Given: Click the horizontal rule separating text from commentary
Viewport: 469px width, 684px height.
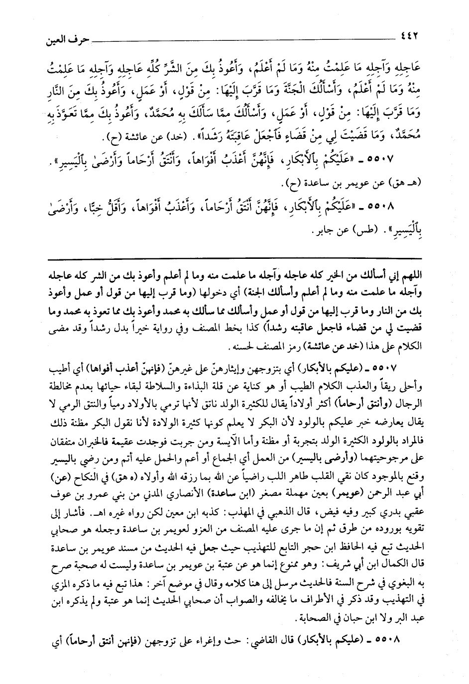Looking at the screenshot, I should tap(234, 259).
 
